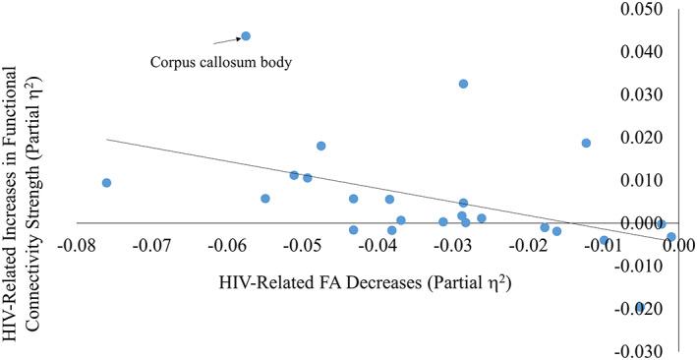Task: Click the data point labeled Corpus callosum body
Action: [x=246, y=36]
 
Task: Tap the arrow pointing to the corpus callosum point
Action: [x=228, y=40]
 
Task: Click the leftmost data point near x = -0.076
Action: [x=106, y=183]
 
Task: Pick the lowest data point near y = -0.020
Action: [x=640, y=308]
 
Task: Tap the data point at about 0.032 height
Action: [x=463, y=84]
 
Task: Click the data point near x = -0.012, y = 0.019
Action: [x=586, y=143]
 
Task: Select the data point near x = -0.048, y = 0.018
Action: [x=320, y=146]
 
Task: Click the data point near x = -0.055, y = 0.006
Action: [x=265, y=199]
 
